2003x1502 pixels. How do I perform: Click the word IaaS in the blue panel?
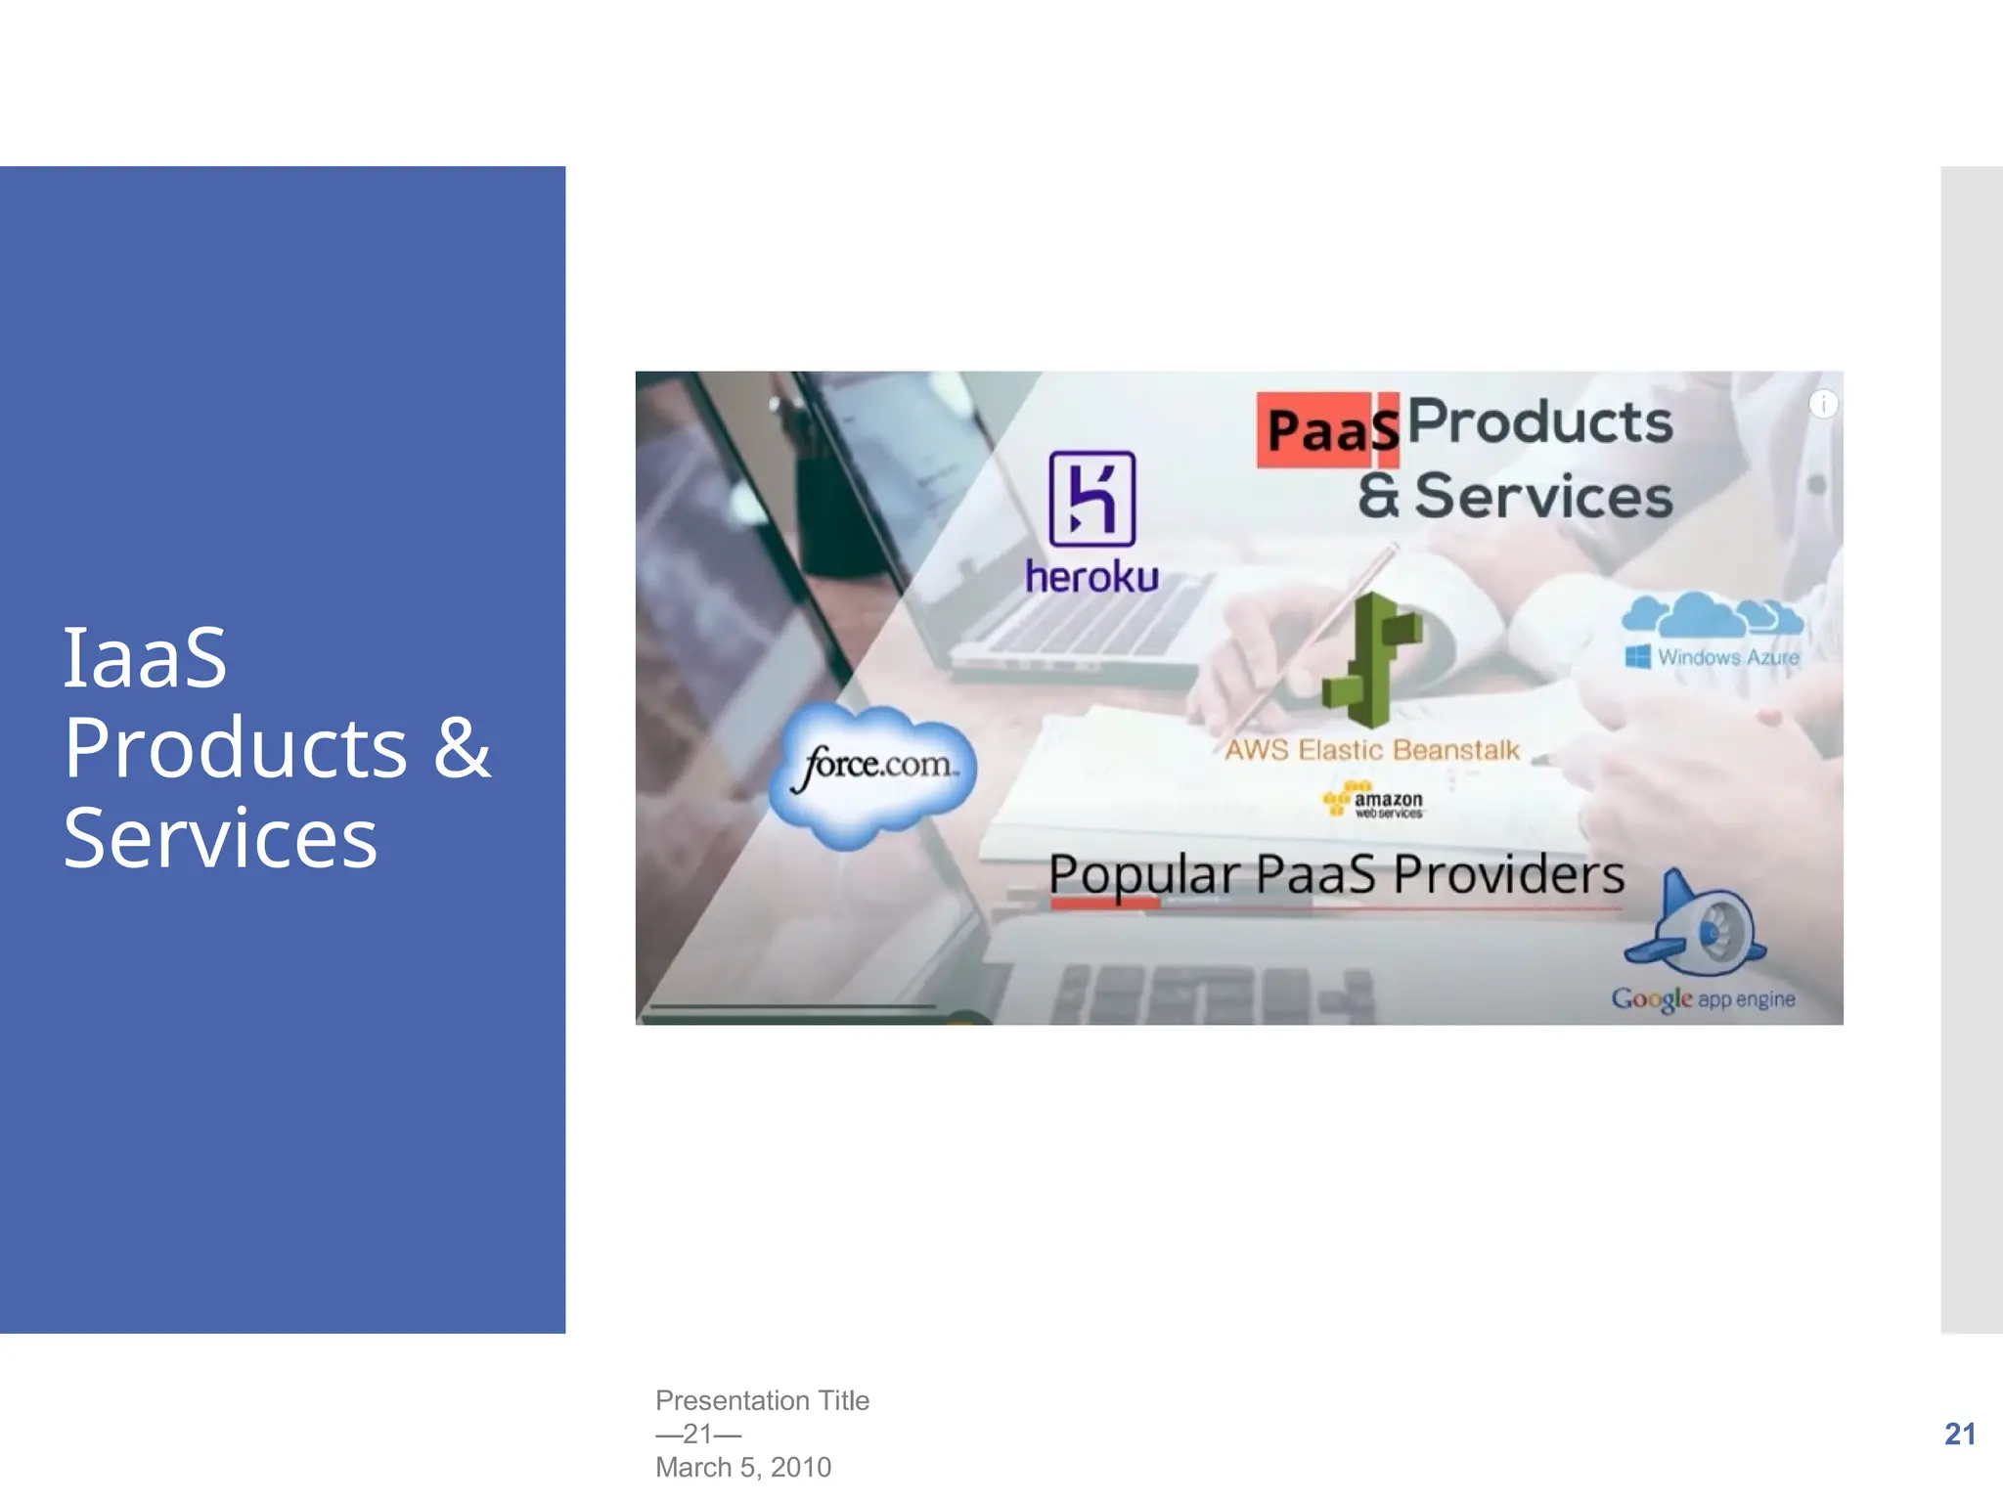[x=145, y=657]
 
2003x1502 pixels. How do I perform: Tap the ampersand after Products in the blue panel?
[x=462, y=747]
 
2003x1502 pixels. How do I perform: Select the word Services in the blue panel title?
[x=220, y=838]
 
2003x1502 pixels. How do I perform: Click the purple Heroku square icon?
[x=1091, y=499]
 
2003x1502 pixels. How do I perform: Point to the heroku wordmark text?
[x=1091, y=577]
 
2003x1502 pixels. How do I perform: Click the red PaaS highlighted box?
[x=1328, y=430]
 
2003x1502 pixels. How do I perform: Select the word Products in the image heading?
[x=1539, y=422]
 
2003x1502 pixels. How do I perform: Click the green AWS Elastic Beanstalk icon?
[x=1371, y=660]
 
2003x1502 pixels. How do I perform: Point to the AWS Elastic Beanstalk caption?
[x=1371, y=750]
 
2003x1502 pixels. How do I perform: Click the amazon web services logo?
[x=1373, y=801]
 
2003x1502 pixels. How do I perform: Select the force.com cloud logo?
[x=873, y=773]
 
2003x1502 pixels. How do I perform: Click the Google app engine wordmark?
[x=1703, y=998]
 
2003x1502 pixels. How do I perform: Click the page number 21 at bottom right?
[x=1959, y=1434]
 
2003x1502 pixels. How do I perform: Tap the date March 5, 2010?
[x=743, y=1467]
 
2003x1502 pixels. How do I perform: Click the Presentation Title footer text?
[x=762, y=1400]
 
